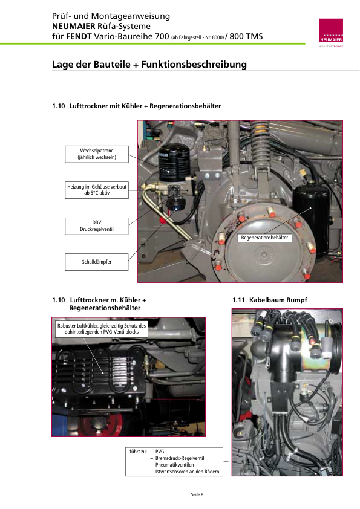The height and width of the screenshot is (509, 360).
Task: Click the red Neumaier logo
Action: pyautogui.click(x=331, y=30)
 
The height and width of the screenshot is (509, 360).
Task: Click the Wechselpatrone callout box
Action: pyautogui.click(x=97, y=154)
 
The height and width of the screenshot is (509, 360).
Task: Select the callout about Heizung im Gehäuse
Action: pyautogui.click(x=97, y=190)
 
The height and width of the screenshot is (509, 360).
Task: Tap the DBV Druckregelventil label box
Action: pyautogui.click(x=97, y=226)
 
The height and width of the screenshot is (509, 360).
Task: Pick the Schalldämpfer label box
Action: pyautogui.click(x=97, y=262)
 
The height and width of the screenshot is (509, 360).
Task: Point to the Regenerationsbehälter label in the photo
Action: pyautogui.click(x=264, y=238)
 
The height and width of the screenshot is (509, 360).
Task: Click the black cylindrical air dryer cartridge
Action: pyautogui.click(x=174, y=162)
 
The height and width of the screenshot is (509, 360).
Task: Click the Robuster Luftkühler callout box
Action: pyautogui.click(x=102, y=328)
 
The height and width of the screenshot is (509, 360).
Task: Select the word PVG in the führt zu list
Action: pyautogui.click(x=160, y=452)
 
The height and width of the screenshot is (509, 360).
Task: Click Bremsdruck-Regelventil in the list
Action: pyautogui.click(x=180, y=458)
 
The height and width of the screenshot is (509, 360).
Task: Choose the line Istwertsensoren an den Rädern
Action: pyautogui.click(x=187, y=472)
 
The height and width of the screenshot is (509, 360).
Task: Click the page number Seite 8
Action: pyautogui.click(x=197, y=494)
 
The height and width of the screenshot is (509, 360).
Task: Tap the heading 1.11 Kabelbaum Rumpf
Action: pyautogui.click(x=270, y=300)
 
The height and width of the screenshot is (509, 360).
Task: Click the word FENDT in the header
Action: pyautogui.click(x=79, y=36)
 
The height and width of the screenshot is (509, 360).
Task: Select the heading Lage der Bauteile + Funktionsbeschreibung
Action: pyautogui.click(x=149, y=64)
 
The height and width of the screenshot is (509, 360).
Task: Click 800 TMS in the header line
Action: pyautogui.click(x=246, y=36)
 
